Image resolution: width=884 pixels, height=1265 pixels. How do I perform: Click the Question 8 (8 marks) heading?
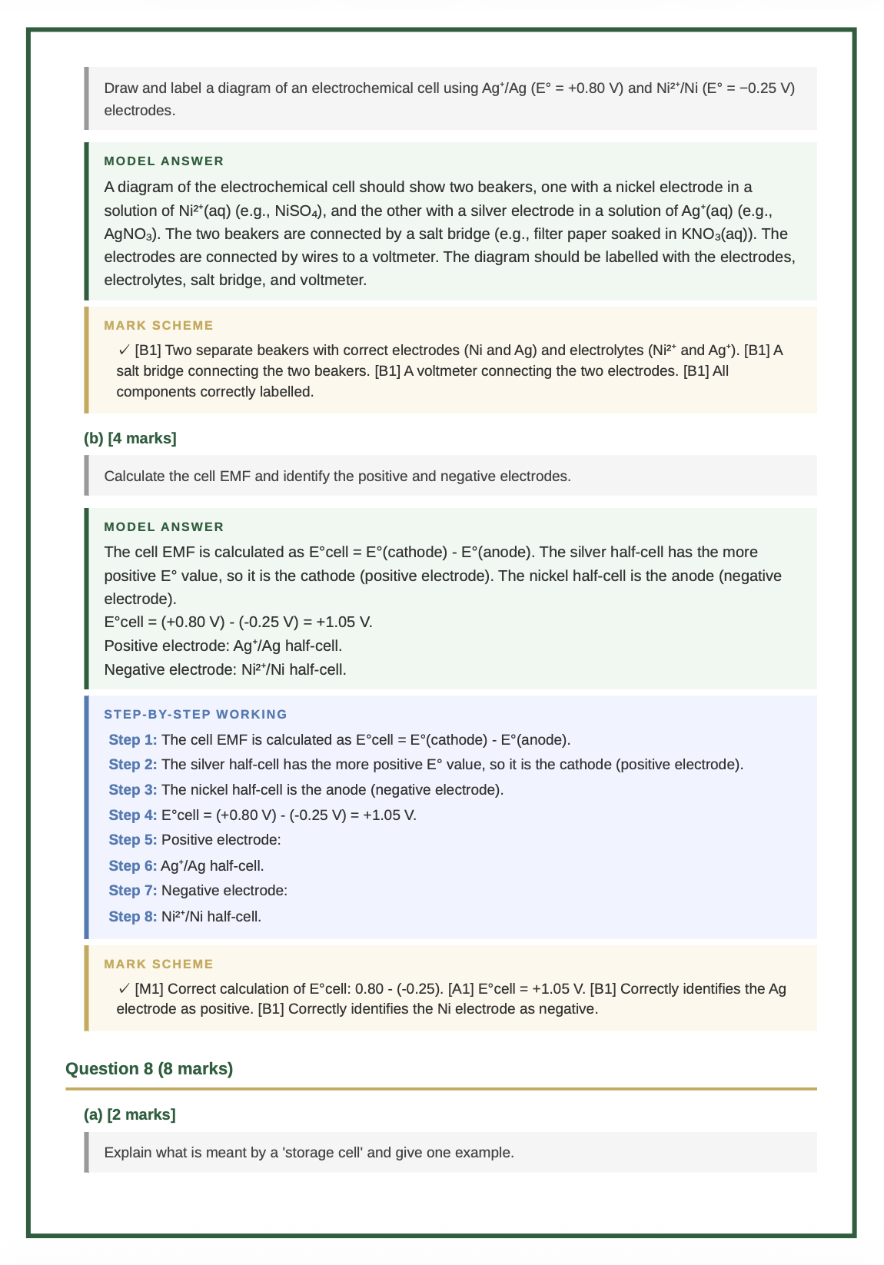[x=149, y=1068]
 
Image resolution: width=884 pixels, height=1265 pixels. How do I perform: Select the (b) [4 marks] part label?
[x=130, y=438]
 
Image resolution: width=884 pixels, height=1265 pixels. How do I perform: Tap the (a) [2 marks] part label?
[x=129, y=1114]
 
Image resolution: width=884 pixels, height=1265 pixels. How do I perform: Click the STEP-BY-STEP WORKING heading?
[x=195, y=714]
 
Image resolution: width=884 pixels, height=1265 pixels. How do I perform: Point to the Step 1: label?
[x=133, y=740]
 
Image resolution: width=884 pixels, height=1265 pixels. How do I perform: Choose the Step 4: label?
[x=133, y=815]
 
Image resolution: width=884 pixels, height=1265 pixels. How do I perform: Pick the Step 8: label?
[x=133, y=916]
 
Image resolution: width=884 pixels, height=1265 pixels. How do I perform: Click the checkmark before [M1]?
[x=124, y=988]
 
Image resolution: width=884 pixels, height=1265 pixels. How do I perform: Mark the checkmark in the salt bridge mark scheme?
[x=124, y=350]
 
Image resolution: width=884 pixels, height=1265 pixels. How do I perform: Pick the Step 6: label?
[x=133, y=866]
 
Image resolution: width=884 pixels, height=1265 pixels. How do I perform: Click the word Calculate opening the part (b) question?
[x=135, y=476]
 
